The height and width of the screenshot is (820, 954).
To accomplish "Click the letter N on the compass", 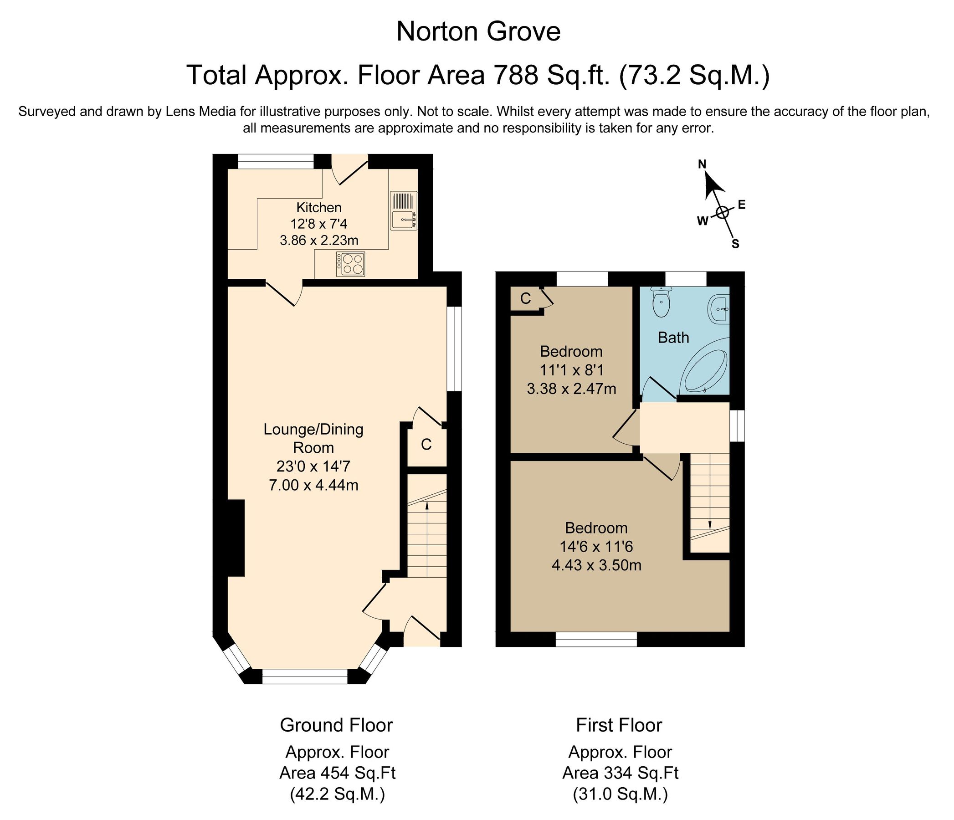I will [x=702, y=164].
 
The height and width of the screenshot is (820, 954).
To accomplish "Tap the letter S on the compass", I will [x=735, y=245].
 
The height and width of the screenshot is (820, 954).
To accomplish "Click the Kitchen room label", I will [x=318, y=207].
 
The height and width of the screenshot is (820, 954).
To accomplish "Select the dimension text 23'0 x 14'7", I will [x=313, y=466].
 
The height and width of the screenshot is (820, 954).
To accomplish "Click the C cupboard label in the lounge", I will [x=426, y=444].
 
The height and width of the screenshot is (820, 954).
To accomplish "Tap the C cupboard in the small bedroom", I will [x=525, y=299].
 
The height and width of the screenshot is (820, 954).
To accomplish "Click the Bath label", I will [x=673, y=338].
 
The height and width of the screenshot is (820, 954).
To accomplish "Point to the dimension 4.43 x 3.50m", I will [x=596, y=565].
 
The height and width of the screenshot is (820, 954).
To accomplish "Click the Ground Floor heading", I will [x=336, y=725].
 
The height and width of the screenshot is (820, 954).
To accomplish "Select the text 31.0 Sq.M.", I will [x=620, y=794].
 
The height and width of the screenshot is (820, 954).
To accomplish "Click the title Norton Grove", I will [x=478, y=32].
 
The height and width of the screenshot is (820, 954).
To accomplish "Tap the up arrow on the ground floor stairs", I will [x=427, y=507].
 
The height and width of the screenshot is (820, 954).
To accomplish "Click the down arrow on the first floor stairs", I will [x=709, y=524].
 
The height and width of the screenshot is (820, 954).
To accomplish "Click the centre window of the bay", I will [x=304, y=676].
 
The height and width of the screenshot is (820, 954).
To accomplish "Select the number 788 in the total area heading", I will [x=515, y=75].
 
